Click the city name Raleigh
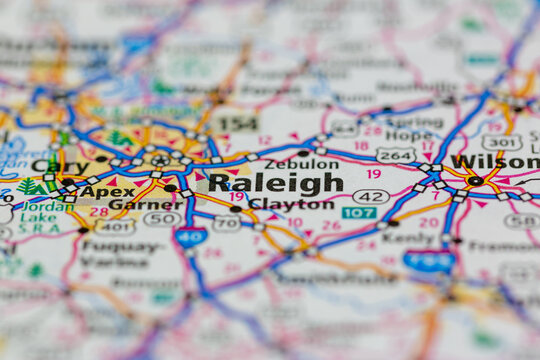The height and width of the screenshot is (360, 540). pyautogui.click(x=275, y=183)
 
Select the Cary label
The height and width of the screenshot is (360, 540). pyautogui.click(x=59, y=166)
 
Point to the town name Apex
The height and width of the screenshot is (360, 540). pyautogui.click(x=108, y=191)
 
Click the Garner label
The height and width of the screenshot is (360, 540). pyautogui.click(x=131, y=204)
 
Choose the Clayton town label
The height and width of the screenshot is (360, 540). pyautogui.click(x=290, y=204)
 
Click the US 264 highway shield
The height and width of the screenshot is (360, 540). pyautogui.click(x=396, y=155)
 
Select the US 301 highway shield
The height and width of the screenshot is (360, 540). pyautogui.click(x=502, y=142)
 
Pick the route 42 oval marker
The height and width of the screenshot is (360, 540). pyautogui.click(x=371, y=197)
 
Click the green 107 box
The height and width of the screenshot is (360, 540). pyautogui.click(x=359, y=213)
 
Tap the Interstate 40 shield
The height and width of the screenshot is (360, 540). pyautogui.click(x=190, y=236)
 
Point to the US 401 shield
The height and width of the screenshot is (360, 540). pyautogui.click(x=115, y=227)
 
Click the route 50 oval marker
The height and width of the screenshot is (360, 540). pyautogui.click(x=163, y=219)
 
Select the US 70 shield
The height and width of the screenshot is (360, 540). pyautogui.click(x=226, y=223)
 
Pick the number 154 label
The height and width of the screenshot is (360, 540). pyautogui.click(x=238, y=124)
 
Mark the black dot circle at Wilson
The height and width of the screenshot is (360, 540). pyautogui.click(x=476, y=181)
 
